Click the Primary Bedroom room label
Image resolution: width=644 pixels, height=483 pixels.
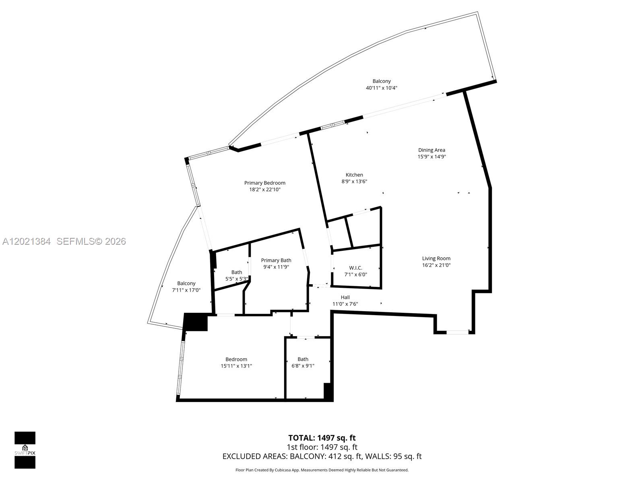(x=264, y=183)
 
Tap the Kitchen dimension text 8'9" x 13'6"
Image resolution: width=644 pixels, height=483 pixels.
(x=354, y=182)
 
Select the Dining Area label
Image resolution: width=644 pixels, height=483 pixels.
(x=431, y=150)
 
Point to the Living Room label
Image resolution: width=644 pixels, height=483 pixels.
(x=436, y=258)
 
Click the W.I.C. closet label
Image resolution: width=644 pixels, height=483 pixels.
(x=355, y=268)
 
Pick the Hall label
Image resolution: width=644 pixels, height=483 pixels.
(x=345, y=297)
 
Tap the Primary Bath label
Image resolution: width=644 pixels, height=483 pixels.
(x=276, y=260)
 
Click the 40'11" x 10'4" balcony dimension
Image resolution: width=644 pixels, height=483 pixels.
(x=382, y=88)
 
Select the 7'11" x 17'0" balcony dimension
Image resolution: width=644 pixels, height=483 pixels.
(x=186, y=290)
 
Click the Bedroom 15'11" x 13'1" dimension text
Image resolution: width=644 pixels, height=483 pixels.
(x=236, y=366)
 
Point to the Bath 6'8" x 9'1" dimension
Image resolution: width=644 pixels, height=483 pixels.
(x=303, y=366)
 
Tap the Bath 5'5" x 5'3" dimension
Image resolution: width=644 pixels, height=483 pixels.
(x=237, y=279)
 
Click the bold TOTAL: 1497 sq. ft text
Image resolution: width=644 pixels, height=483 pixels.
(x=322, y=438)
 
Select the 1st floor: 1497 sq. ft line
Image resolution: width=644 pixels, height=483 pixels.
(x=322, y=447)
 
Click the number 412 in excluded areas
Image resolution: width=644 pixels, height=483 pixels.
(x=335, y=456)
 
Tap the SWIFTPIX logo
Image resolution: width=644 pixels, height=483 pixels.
(x=25, y=450)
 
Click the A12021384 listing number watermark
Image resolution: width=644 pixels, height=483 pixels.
(x=27, y=242)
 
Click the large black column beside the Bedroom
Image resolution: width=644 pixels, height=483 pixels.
(x=196, y=322)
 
